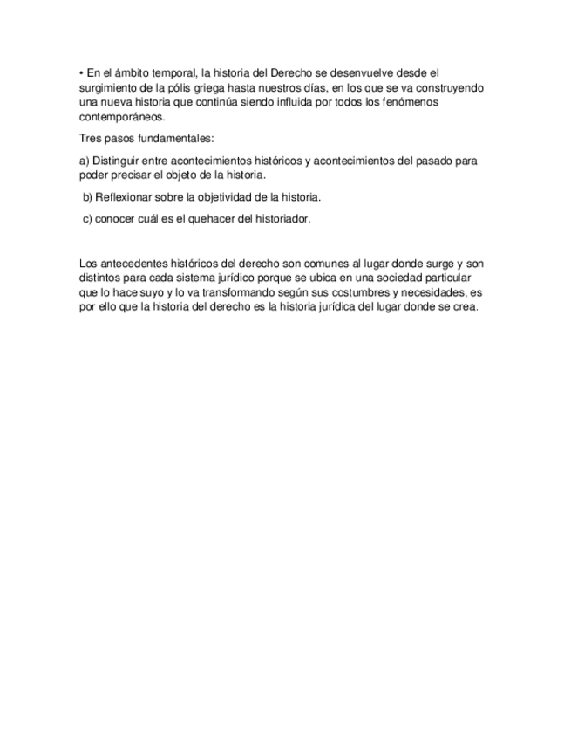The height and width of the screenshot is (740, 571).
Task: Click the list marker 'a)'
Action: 85,161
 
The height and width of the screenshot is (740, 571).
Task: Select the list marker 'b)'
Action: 87,197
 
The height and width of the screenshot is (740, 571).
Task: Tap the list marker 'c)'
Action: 87,219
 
